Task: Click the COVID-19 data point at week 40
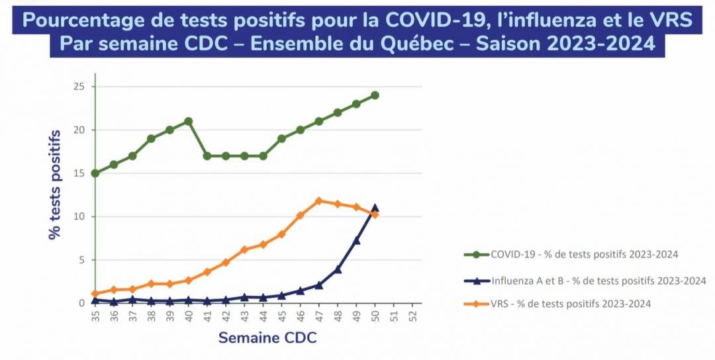pos(188,121)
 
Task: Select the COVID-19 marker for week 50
pos(375,95)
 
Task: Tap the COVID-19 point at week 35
pos(95,173)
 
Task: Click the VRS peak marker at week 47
pos(318,201)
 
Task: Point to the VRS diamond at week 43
pos(244,249)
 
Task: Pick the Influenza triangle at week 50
pos(375,208)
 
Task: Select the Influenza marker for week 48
pos(338,269)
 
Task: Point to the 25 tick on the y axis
pos(79,87)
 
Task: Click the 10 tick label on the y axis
pos(79,216)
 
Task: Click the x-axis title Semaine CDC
pos(267,338)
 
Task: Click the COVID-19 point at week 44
pos(263,156)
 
